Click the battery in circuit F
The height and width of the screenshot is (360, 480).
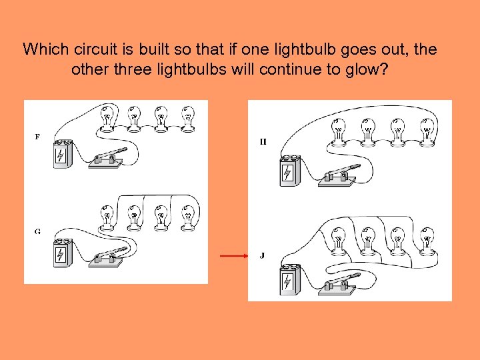pos(63,154)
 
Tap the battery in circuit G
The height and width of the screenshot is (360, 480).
pos(63,253)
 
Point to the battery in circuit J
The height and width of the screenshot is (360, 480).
pos(290,280)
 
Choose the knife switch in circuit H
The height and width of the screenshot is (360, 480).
pos(338,176)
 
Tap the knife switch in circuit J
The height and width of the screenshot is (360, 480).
pos(338,285)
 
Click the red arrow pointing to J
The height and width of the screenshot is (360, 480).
pos(234,255)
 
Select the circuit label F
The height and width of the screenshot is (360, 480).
pos(37,137)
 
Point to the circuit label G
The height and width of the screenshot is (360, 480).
pos(37,232)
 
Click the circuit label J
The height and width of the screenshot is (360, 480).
pos(263,255)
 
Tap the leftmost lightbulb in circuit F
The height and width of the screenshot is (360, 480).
pos(107,119)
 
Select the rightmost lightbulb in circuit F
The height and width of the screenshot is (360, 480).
pos(187,119)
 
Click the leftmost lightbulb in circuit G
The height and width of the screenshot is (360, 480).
pos(107,218)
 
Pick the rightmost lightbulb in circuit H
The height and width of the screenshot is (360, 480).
pos(427,132)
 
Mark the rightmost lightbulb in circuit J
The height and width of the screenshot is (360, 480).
pos(427,242)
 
